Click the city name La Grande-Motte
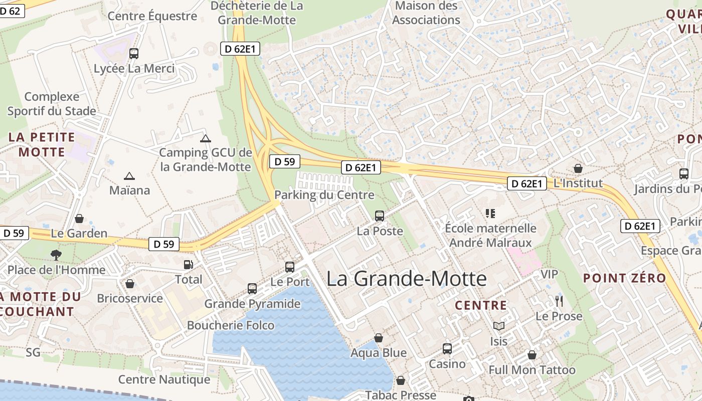click(x=406, y=279)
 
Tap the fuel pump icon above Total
click(x=189, y=264)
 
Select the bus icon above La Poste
click(x=380, y=216)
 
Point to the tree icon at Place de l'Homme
click(x=56, y=255)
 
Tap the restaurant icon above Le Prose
click(x=559, y=301)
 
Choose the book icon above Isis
click(x=498, y=326)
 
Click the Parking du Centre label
click(x=324, y=195)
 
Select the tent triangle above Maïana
click(x=129, y=176)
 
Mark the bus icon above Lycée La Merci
click(x=134, y=53)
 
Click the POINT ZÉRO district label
click(x=624, y=278)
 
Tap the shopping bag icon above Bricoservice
click(x=130, y=284)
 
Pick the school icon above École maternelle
click(x=490, y=214)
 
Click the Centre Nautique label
click(x=164, y=379)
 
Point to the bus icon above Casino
click(x=447, y=348)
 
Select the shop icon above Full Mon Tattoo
click(x=532, y=355)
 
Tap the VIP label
click(x=549, y=275)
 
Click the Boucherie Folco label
click(x=231, y=325)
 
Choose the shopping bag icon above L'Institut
click(x=578, y=168)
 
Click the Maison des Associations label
click(x=426, y=13)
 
